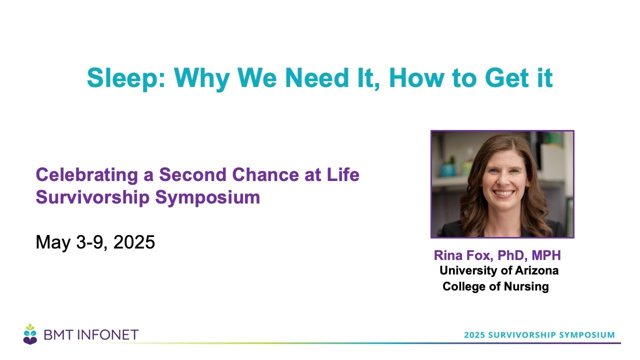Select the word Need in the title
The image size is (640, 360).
click(x=317, y=77)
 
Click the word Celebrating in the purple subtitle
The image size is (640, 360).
click(x=87, y=175)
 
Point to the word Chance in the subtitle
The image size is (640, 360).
click(x=265, y=174)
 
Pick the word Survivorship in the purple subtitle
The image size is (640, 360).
click(x=92, y=197)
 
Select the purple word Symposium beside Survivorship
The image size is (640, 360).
click(x=207, y=197)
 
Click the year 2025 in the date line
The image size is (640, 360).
click(x=134, y=242)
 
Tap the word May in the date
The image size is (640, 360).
click(x=53, y=243)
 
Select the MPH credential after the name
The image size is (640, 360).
click(x=546, y=255)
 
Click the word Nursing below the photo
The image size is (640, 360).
click(x=526, y=286)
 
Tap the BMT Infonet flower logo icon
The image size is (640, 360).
click(x=30, y=334)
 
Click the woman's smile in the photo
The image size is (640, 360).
click(x=503, y=194)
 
